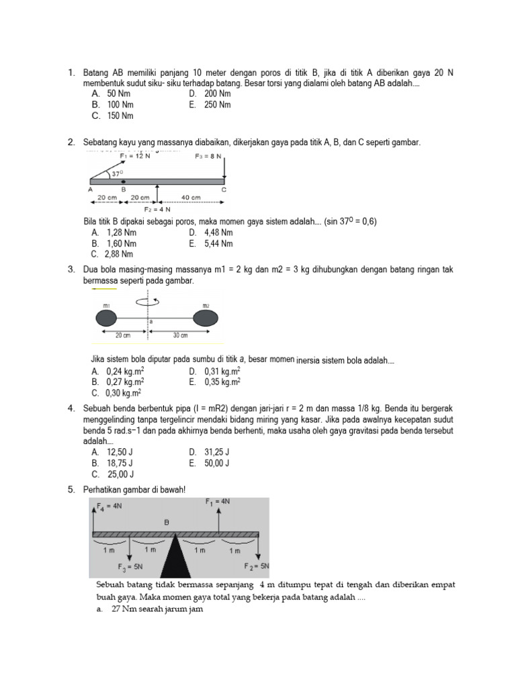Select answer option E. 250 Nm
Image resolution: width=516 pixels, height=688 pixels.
click(210, 105)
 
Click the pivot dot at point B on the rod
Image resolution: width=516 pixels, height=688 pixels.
click(123, 181)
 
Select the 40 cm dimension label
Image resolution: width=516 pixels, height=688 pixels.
click(191, 198)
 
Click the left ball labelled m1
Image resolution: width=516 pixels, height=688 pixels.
click(107, 317)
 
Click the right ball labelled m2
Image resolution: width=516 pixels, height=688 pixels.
click(206, 317)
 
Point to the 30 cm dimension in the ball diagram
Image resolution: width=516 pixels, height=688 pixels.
click(179, 335)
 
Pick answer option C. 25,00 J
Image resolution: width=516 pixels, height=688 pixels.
click(113, 474)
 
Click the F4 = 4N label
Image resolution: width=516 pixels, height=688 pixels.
click(110, 506)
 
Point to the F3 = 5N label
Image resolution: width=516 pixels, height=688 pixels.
click(130, 566)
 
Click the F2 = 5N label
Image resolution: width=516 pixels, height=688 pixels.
click(256, 566)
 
